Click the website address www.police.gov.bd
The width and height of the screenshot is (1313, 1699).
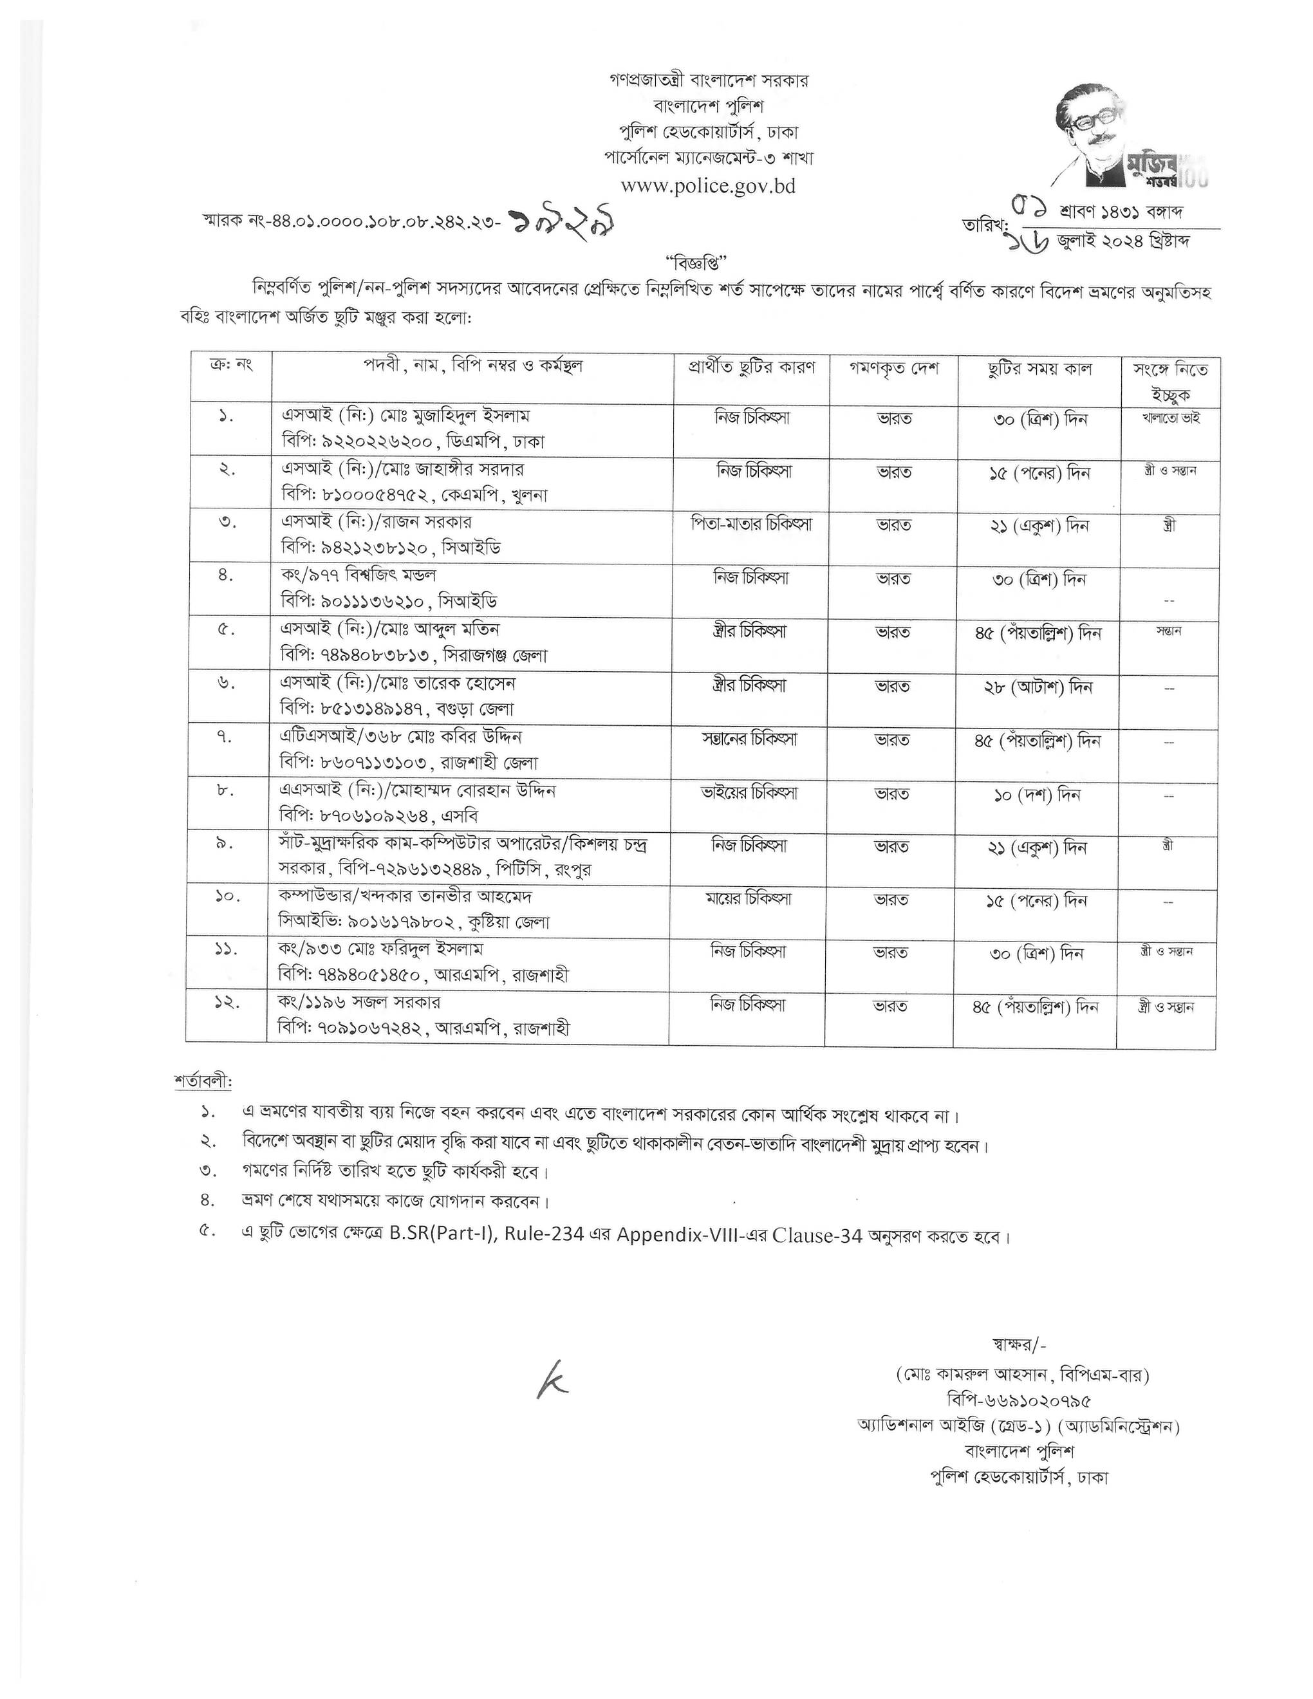pyautogui.click(x=708, y=187)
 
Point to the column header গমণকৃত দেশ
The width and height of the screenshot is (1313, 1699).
pyautogui.click(x=894, y=369)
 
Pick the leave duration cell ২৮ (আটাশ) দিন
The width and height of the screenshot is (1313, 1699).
pyautogui.click(x=1038, y=688)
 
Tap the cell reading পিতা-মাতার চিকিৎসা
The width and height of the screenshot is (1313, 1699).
pyautogui.click(x=751, y=525)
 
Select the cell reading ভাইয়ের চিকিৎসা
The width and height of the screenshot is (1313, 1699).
pyautogui.click(x=750, y=794)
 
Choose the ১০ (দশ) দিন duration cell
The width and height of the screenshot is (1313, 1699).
pyautogui.click(x=1038, y=795)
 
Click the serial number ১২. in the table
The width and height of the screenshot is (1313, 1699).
pyautogui.click(x=227, y=1003)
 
